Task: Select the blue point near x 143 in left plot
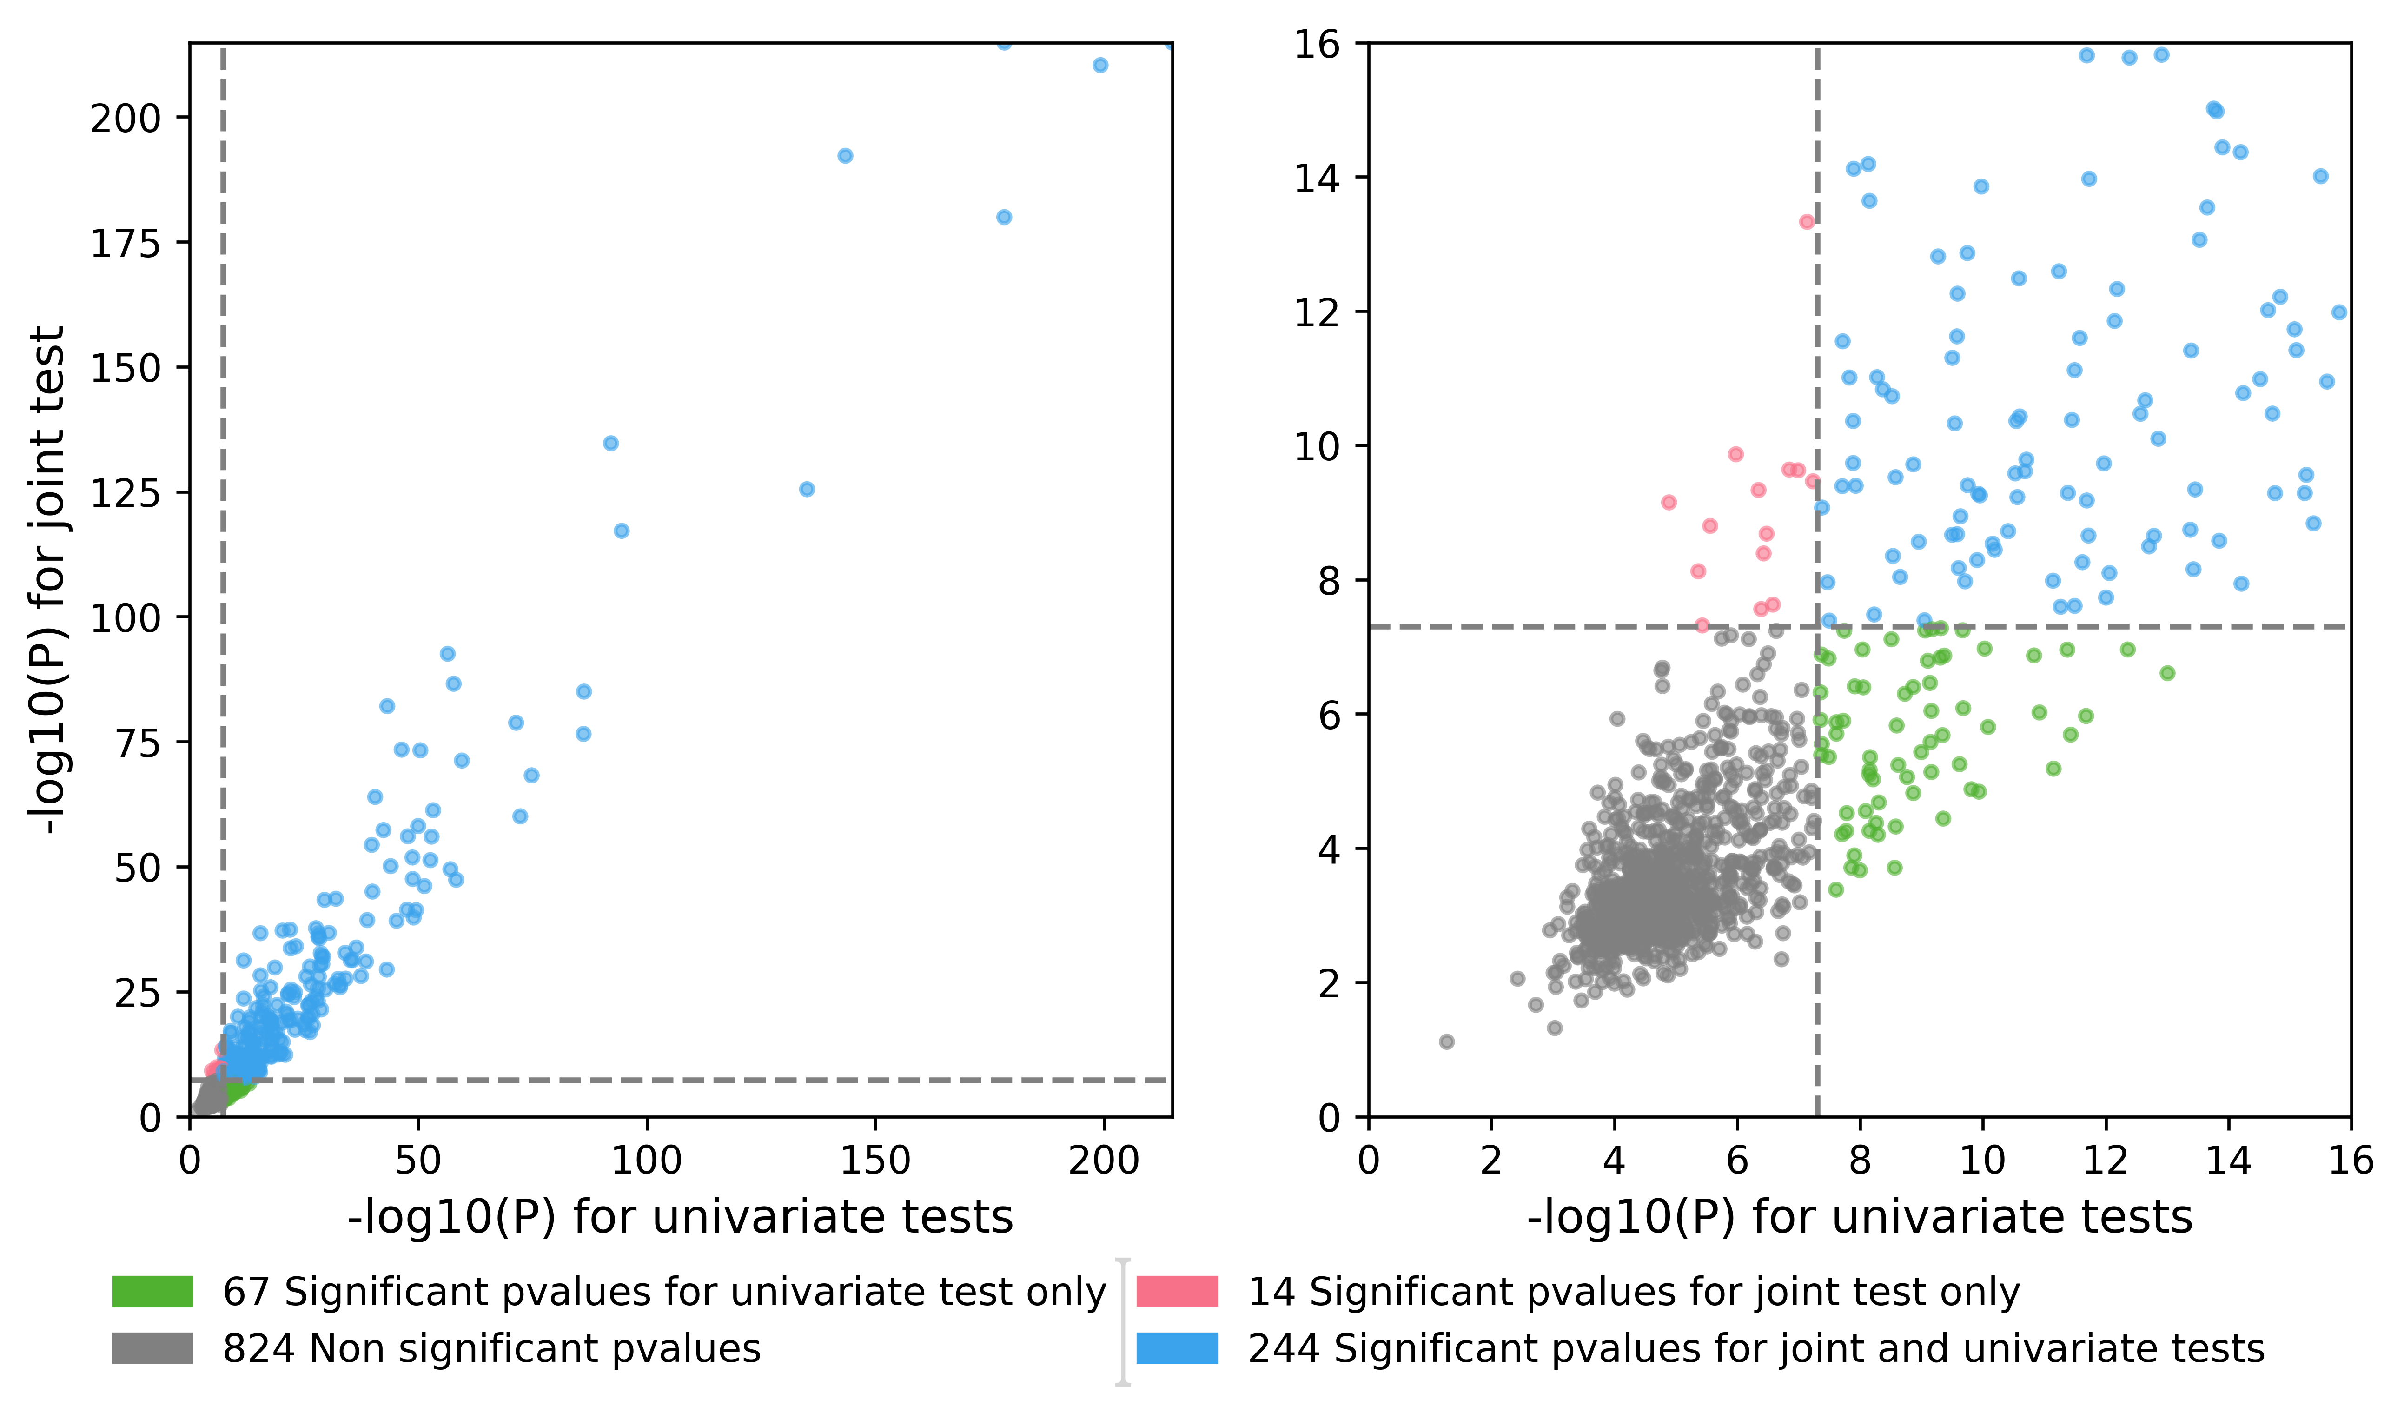point(844,155)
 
